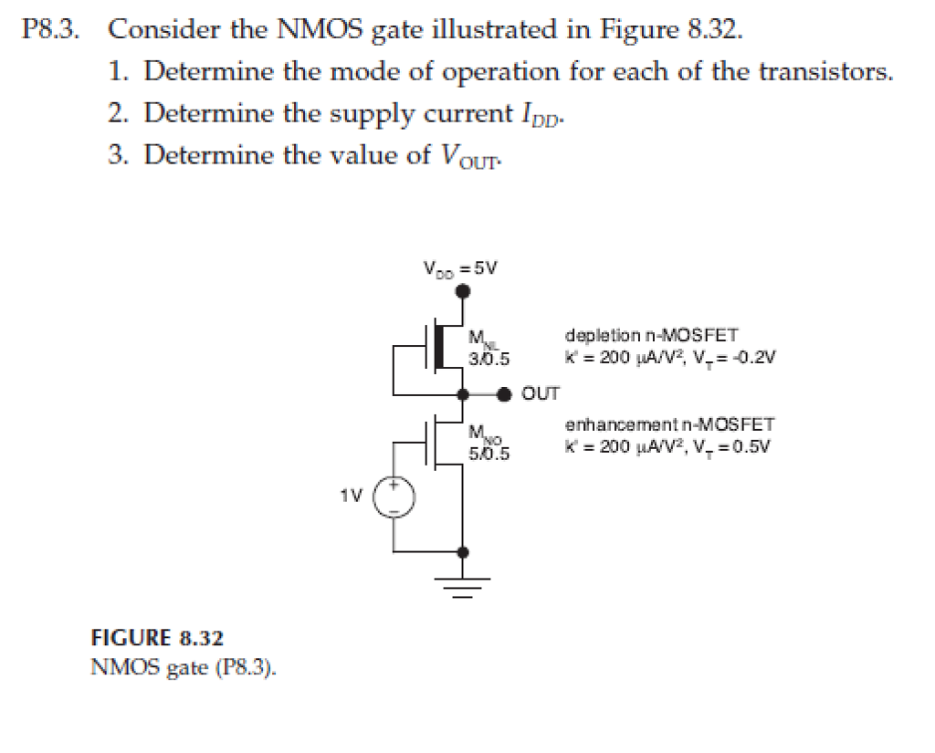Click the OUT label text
(541, 394)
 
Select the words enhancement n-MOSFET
(669, 424)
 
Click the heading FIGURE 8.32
(157, 637)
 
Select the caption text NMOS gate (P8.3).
(183, 666)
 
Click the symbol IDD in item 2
(537, 116)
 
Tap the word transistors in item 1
(823, 72)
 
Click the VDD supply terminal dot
(464, 291)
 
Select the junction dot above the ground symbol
(464, 552)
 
